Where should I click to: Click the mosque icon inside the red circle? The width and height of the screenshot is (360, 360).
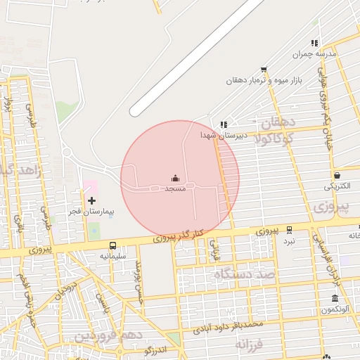click(175, 179)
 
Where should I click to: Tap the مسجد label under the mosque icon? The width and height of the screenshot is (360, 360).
click(175, 190)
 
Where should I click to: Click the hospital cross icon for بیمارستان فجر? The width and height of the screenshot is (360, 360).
click(92, 200)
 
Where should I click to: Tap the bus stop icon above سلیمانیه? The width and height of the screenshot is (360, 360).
click(113, 245)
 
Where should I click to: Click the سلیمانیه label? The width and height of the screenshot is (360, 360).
click(112, 256)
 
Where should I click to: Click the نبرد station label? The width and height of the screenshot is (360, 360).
click(289, 240)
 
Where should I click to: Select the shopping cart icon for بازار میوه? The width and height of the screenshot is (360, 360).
click(264, 70)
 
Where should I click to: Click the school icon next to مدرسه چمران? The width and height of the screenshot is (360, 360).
click(315, 43)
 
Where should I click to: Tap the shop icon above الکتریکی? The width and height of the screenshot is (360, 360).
click(337, 175)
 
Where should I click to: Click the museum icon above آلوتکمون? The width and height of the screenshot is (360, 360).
click(335, 298)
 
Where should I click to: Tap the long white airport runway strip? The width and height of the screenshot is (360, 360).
click(197, 56)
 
